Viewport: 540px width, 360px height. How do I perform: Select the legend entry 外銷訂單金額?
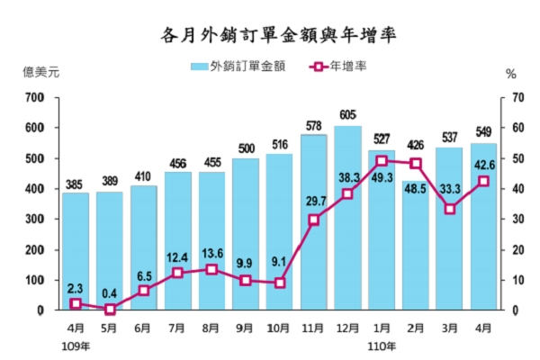[x=238, y=67]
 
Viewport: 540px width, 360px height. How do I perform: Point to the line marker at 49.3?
[x=382, y=161]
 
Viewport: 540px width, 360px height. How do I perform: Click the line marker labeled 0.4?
[x=110, y=309]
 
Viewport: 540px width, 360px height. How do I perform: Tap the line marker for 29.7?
[x=314, y=220]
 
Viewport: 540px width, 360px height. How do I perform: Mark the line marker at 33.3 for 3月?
[x=450, y=209]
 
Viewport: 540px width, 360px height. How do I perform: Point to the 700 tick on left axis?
[x=35, y=97]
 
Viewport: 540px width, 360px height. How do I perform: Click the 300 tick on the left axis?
[x=35, y=219]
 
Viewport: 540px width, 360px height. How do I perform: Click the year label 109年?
[x=77, y=346]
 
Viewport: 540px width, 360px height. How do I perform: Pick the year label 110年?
[x=383, y=346]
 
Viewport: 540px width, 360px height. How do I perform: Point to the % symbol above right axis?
[x=510, y=74]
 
